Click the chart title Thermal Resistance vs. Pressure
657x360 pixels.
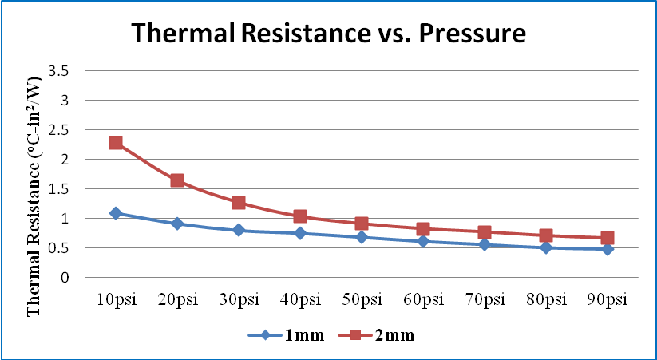(328, 34)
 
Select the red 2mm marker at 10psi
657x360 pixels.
(116, 143)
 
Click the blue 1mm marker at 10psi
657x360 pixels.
(116, 213)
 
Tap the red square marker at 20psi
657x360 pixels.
(177, 180)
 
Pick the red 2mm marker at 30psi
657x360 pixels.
(239, 203)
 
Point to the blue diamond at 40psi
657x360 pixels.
(300, 233)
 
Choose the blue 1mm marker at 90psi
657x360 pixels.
(608, 249)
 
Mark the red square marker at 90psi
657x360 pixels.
(608, 238)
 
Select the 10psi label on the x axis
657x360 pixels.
(117, 300)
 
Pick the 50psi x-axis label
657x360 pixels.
(362, 300)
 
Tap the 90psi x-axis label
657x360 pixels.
(608, 300)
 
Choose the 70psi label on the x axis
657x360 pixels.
(485, 300)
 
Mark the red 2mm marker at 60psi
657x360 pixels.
(423, 229)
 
